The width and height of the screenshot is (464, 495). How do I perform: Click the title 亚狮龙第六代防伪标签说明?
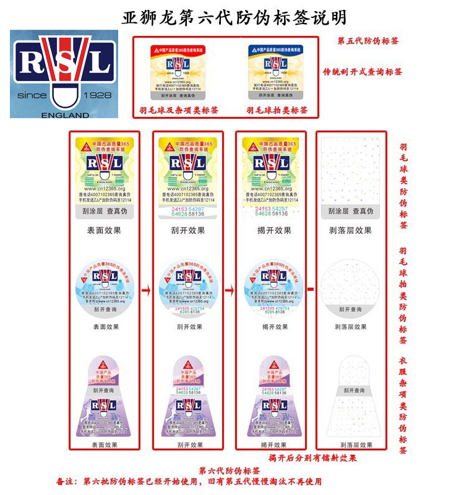tap(234, 16)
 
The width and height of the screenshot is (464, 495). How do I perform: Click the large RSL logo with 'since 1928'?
tap(64, 74)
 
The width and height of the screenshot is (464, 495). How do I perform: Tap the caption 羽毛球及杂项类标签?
tap(177, 110)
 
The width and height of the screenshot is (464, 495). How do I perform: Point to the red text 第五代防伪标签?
tap(368, 41)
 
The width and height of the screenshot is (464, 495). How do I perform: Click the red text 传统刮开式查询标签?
tap(363, 72)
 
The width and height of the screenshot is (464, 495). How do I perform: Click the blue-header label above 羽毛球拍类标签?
tap(277, 72)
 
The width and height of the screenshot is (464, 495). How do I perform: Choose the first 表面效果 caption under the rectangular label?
tap(104, 231)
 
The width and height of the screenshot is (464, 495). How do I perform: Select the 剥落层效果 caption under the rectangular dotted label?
tap(351, 231)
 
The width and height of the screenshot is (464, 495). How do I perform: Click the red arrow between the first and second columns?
tap(147, 289)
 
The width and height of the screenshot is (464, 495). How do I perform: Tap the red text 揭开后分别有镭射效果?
tap(313, 458)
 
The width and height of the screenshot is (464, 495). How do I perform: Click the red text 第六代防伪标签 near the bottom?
tap(230, 470)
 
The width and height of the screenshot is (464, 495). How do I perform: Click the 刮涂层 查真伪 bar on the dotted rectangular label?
tap(351, 212)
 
